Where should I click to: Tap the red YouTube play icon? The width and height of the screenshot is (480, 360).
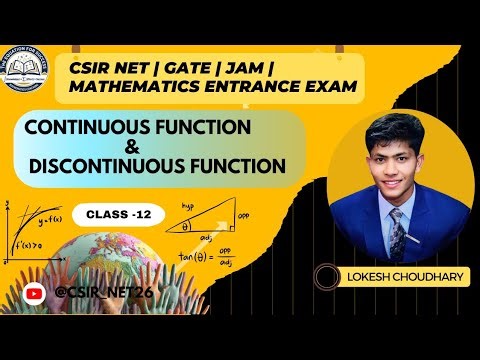[36, 292]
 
